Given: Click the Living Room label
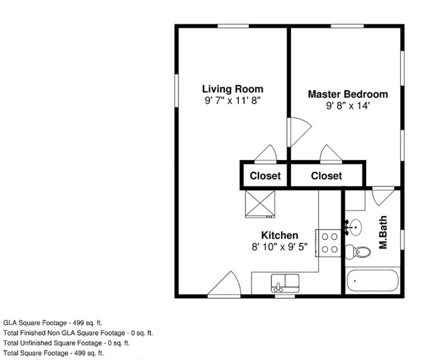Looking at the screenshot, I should [x=232, y=90].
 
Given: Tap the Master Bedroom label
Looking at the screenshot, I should [x=348, y=94].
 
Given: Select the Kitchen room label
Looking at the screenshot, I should [x=280, y=235].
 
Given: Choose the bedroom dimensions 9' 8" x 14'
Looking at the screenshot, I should [x=348, y=106].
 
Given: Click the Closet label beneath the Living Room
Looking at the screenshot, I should [x=265, y=176].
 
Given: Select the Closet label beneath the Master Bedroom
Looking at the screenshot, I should [x=327, y=176].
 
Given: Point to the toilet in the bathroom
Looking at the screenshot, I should [x=359, y=251].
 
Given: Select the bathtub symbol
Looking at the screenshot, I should [x=373, y=282].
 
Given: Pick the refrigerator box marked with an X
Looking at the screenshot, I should [x=259, y=202].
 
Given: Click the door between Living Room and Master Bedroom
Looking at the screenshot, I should [x=296, y=129].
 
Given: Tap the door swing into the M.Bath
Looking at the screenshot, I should [x=380, y=195].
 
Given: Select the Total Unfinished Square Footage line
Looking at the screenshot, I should [x=67, y=343].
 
